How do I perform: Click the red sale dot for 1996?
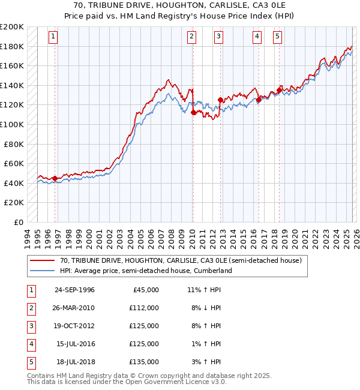coord(55,178)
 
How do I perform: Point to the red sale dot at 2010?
coord(193,112)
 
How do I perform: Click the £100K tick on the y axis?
coord(12,124)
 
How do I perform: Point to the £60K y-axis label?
coord(14,163)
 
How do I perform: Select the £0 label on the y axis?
coord(18,222)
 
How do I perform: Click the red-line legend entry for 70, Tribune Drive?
coord(184,261)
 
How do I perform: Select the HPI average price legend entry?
coord(145,271)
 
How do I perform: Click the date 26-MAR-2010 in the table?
coord(74,308)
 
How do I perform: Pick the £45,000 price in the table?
coord(144,290)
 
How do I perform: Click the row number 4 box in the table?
coord(30,344)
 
